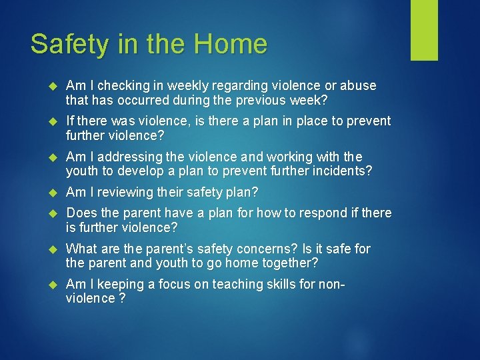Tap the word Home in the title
click(x=231, y=44)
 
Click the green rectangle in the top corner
click(x=424, y=30)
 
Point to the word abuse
click(x=358, y=86)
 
